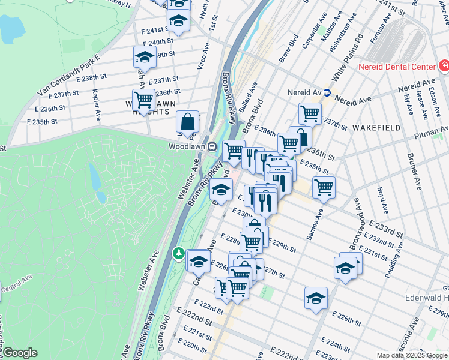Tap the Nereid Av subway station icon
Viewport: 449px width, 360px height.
(327, 93)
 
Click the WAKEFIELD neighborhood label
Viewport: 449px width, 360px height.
(376, 128)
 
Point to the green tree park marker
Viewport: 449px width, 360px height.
(178, 254)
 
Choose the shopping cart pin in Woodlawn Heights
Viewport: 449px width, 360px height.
(144, 100)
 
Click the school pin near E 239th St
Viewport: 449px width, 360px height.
(144, 57)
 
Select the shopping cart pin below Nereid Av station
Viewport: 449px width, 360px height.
(310, 113)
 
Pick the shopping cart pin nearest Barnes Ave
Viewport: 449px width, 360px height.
(324, 187)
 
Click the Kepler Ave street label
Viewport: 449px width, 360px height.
(97, 104)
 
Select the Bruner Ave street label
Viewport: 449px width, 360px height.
(413, 163)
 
